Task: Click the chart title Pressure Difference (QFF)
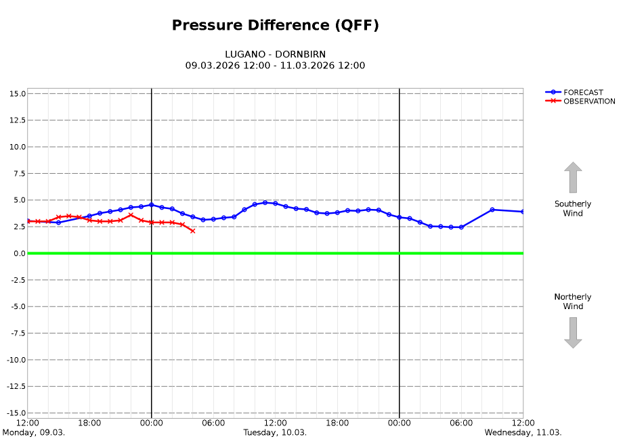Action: click(x=275, y=26)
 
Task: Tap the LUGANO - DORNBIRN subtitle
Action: click(x=275, y=54)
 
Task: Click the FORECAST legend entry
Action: click(x=583, y=93)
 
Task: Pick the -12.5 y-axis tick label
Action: click(x=15, y=386)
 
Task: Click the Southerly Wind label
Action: click(x=573, y=208)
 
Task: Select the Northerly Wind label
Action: click(x=573, y=302)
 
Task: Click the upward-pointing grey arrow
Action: click(x=573, y=177)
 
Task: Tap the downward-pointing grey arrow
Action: click(x=573, y=333)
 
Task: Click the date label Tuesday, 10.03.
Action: click(x=275, y=432)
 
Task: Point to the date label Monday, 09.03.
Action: click(x=34, y=432)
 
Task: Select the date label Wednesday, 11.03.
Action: click(x=523, y=432)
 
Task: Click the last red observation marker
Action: click(x=193, y=231)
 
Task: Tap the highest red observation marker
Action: click(x=131, y=215)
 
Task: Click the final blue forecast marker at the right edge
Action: click(x=523, y=212)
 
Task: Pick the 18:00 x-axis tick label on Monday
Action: click(x=89, y=423)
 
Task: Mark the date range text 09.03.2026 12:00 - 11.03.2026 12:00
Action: click(x=275, y=66)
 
